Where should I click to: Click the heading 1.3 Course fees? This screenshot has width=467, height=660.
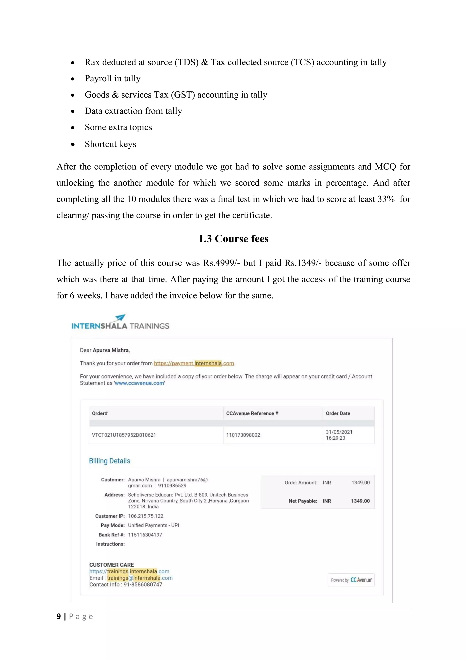tap(233, 239)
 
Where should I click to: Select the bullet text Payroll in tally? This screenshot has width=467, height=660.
tap(112, 78)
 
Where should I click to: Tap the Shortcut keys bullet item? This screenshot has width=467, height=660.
tap(110, 144)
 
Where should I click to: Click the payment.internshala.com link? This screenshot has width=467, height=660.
tap(194, 363)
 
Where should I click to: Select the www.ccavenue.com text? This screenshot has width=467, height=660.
tap(140, 383)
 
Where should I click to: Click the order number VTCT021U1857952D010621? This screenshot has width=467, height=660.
tap(124, 435)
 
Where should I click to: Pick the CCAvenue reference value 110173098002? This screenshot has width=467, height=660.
tap(243, 435)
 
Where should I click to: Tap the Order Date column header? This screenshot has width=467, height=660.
tap(338, 413)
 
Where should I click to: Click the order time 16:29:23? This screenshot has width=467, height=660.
tap(335, 438)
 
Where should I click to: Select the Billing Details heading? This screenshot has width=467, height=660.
tap(109, 461)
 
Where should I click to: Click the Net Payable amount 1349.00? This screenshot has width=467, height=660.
tap(360, 501)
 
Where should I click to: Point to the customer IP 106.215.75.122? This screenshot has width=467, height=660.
tap(145, 516)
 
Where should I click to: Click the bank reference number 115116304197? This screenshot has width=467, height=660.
tap(145, 535)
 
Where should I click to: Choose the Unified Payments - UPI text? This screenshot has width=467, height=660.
tap(153, 526)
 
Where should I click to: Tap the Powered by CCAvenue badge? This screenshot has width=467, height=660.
tap(351, 580)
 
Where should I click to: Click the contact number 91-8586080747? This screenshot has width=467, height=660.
tap(143, 585)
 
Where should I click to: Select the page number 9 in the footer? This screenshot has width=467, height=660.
tap(59, 616)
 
